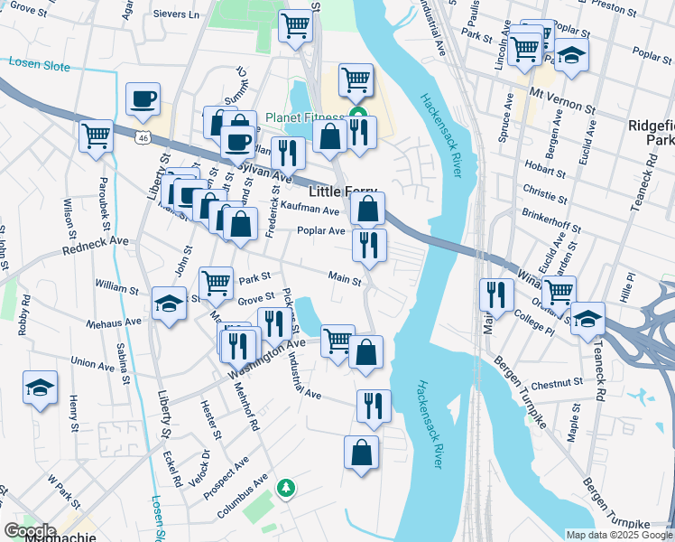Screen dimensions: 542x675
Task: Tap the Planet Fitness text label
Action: point(304,118)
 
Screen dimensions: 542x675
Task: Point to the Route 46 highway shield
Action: point(143,138)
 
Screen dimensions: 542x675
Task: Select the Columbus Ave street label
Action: point(243,496)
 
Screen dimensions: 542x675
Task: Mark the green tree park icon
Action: point(286,488)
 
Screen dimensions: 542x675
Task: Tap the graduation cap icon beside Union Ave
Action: point(41,388)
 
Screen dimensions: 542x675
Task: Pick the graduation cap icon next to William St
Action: point(169,304)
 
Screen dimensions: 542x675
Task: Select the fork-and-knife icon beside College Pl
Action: point(496,294)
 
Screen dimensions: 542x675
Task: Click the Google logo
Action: point(30,531)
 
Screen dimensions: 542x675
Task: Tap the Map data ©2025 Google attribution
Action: point(619,535)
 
